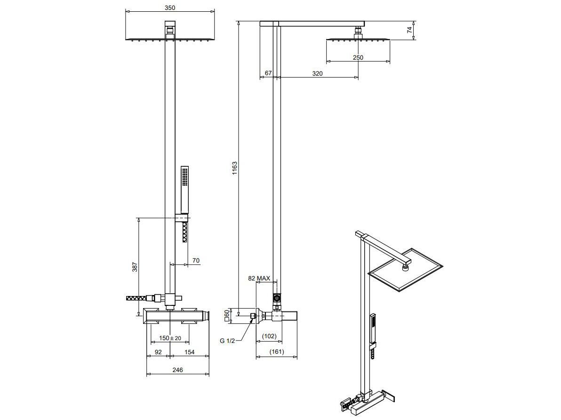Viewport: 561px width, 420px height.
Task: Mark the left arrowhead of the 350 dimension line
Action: pos(126,12)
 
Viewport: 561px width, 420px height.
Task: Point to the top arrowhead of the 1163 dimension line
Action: pos(238,22)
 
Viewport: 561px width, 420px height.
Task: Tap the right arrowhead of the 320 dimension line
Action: pos(358,77)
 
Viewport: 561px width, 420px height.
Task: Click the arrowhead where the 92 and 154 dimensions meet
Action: pos(170,356)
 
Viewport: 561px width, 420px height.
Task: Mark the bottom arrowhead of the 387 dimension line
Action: pos(139,316)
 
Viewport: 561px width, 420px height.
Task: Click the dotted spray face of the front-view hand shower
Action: pos(184,177)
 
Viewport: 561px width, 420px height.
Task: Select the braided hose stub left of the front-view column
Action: pos(139,298)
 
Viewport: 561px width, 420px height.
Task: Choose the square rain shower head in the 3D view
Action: pos(405,270)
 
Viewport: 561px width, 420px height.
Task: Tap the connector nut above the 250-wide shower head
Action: pos(358,33)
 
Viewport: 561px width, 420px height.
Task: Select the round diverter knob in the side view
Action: pos(276,297)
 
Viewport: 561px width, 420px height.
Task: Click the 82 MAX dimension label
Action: pos(259,278)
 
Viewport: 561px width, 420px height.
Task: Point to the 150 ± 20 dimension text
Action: pos(170,338)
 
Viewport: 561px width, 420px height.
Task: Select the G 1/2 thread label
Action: pos(227,341)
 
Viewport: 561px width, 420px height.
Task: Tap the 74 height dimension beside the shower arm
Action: pos(409,30)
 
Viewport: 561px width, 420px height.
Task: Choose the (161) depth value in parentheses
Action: pos(277,351)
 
